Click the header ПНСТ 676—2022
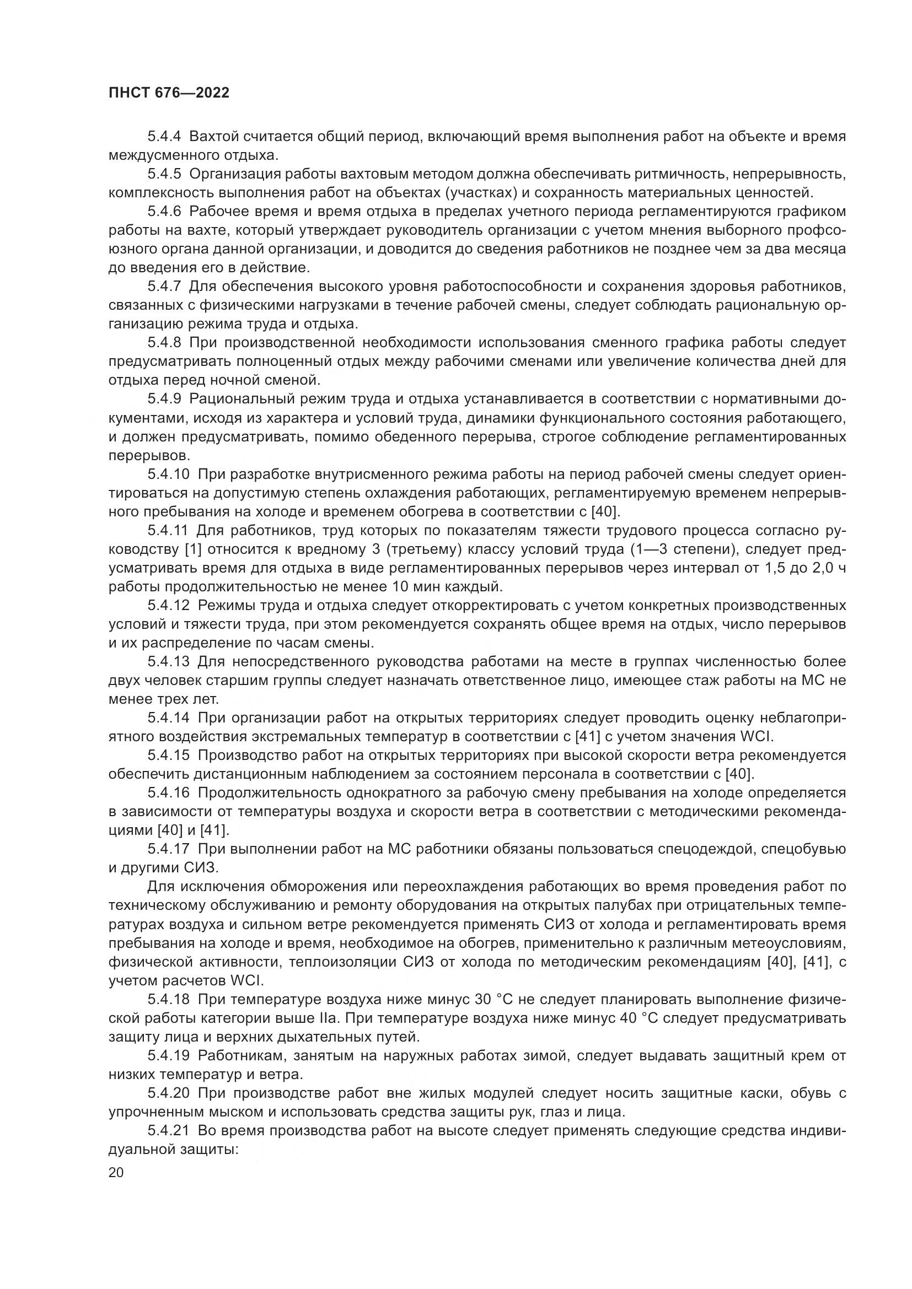(169, 93)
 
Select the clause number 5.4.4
(164, 137)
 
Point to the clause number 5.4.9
(164, 399)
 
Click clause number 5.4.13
(169, 662)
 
